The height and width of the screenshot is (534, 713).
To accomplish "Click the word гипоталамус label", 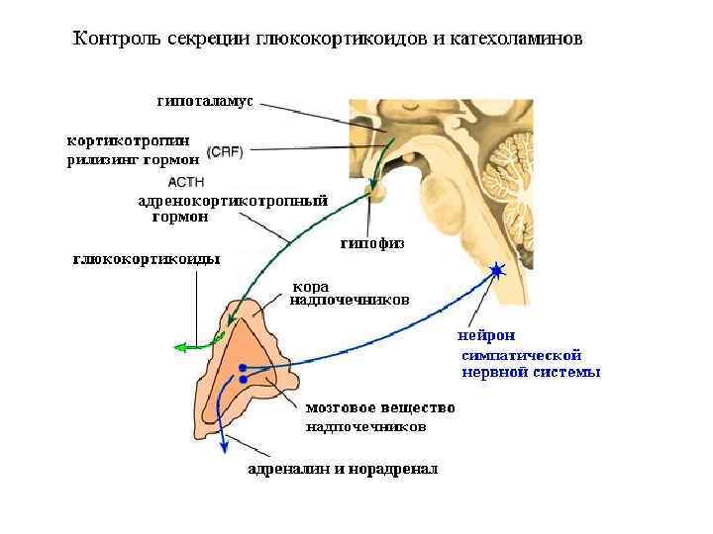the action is click(x=205, y=101).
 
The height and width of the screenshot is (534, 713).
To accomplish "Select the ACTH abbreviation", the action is click(x=187, y=182).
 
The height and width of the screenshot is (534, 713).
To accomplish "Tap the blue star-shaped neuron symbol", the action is click(x=496, y=270).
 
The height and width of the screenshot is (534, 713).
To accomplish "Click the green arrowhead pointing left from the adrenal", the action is click(x=179, y=347).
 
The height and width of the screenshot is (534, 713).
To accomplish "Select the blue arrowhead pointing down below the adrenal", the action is click(x=224, y=448).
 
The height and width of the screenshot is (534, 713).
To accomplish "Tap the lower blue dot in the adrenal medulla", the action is click(x=242, y=380).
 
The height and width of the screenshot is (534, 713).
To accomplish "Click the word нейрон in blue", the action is click(x=485, y=335).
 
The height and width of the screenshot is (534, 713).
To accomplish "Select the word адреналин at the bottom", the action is click(x=288, y=469).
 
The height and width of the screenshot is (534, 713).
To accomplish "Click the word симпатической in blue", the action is click(x=522, y=354).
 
